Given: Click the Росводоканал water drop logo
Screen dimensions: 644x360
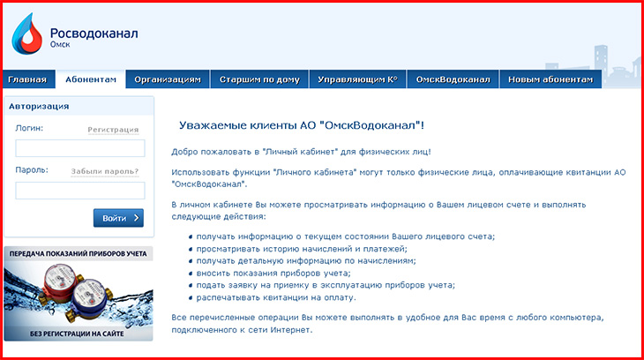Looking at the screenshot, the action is pos(26,34).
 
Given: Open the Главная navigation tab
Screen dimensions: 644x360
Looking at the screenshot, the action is pos(27,79).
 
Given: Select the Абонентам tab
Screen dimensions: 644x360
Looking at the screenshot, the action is pos(91,79).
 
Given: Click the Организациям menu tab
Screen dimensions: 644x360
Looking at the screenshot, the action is pos(168,79).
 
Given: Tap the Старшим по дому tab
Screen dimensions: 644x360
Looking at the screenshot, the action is pos(259,79).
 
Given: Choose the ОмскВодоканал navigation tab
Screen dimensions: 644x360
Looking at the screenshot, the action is pos(453,79).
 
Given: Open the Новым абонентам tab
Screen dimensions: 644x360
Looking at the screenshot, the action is pos(550,79).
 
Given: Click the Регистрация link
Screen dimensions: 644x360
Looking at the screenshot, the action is pos(113,130).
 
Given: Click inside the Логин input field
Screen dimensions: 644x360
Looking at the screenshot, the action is pos(80,148).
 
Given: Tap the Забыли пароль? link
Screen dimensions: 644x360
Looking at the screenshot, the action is pos(105,171).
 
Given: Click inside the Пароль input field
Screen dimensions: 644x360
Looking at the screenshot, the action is pos(80,191).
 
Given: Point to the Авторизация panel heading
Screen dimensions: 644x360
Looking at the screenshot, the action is pos(39,107).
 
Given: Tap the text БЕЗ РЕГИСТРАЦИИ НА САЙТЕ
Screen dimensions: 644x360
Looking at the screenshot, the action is pos(77,334).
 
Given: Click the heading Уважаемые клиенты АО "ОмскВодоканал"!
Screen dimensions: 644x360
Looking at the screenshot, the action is pos(302,125).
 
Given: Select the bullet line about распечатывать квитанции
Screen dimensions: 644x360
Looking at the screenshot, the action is pos(276,297).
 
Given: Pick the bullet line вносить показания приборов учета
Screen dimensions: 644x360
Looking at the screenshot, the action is pos(273,274).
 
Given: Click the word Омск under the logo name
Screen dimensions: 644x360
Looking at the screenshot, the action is pos(60,44).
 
